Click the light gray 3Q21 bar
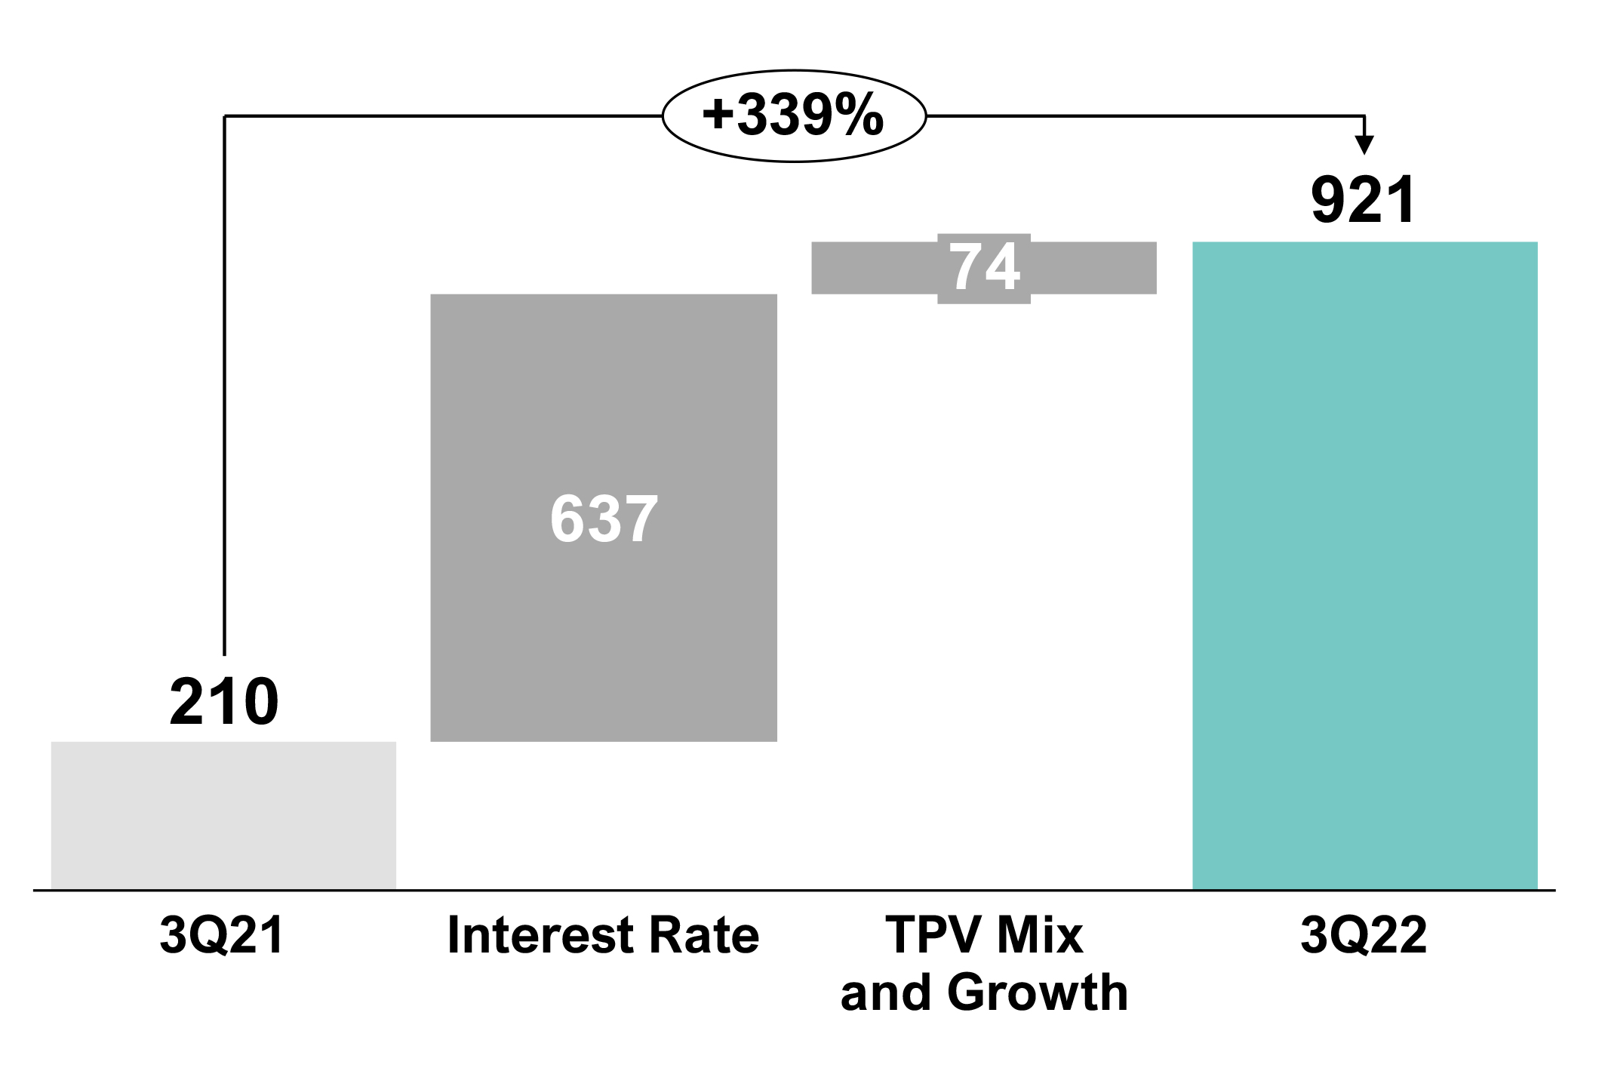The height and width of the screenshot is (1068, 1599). click(x=223, y=815)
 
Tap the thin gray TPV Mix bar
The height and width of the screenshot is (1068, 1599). click(x=868, y=268)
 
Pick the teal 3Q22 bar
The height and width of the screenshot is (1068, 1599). click(x=1364, y=566)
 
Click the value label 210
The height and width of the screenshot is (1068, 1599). click(x=223, y=703)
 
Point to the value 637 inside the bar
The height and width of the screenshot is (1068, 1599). click(x=603, y=519)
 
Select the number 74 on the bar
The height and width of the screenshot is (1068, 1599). click(x=984, y=268)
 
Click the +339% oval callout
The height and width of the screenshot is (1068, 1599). click(x=793, y=117)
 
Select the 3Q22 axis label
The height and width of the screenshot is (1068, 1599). click(x=1364, y=937)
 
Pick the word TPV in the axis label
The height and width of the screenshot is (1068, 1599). click(x=929, y=937)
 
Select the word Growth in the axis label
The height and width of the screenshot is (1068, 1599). click(x=1038, y=993)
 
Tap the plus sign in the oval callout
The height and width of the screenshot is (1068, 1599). click(x=715, y=118)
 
